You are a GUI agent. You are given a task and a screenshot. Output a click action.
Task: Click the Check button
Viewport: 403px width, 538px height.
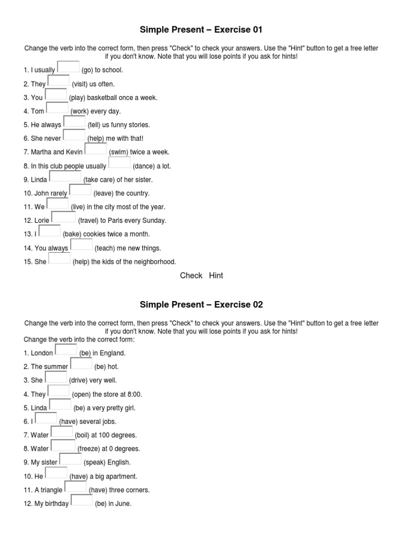191,275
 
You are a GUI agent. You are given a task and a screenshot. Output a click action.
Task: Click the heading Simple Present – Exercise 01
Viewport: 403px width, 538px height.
201,29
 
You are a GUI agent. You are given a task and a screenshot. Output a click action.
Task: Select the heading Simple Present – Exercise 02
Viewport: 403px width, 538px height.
201,305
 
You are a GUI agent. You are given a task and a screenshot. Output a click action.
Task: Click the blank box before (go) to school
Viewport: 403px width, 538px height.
68,67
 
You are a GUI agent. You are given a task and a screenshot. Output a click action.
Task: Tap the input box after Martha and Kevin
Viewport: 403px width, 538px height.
96,149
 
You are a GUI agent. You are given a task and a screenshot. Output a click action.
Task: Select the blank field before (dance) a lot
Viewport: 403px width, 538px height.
119,163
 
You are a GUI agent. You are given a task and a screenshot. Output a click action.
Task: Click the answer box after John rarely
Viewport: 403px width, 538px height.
80,190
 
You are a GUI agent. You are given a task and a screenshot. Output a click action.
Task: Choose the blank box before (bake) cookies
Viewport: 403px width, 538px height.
50,231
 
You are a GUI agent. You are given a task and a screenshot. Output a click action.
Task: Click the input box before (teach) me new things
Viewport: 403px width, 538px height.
81,245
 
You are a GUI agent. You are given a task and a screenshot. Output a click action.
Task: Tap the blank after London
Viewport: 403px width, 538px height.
66,350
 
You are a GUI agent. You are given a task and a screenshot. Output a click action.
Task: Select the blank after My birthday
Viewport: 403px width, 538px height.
81,500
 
